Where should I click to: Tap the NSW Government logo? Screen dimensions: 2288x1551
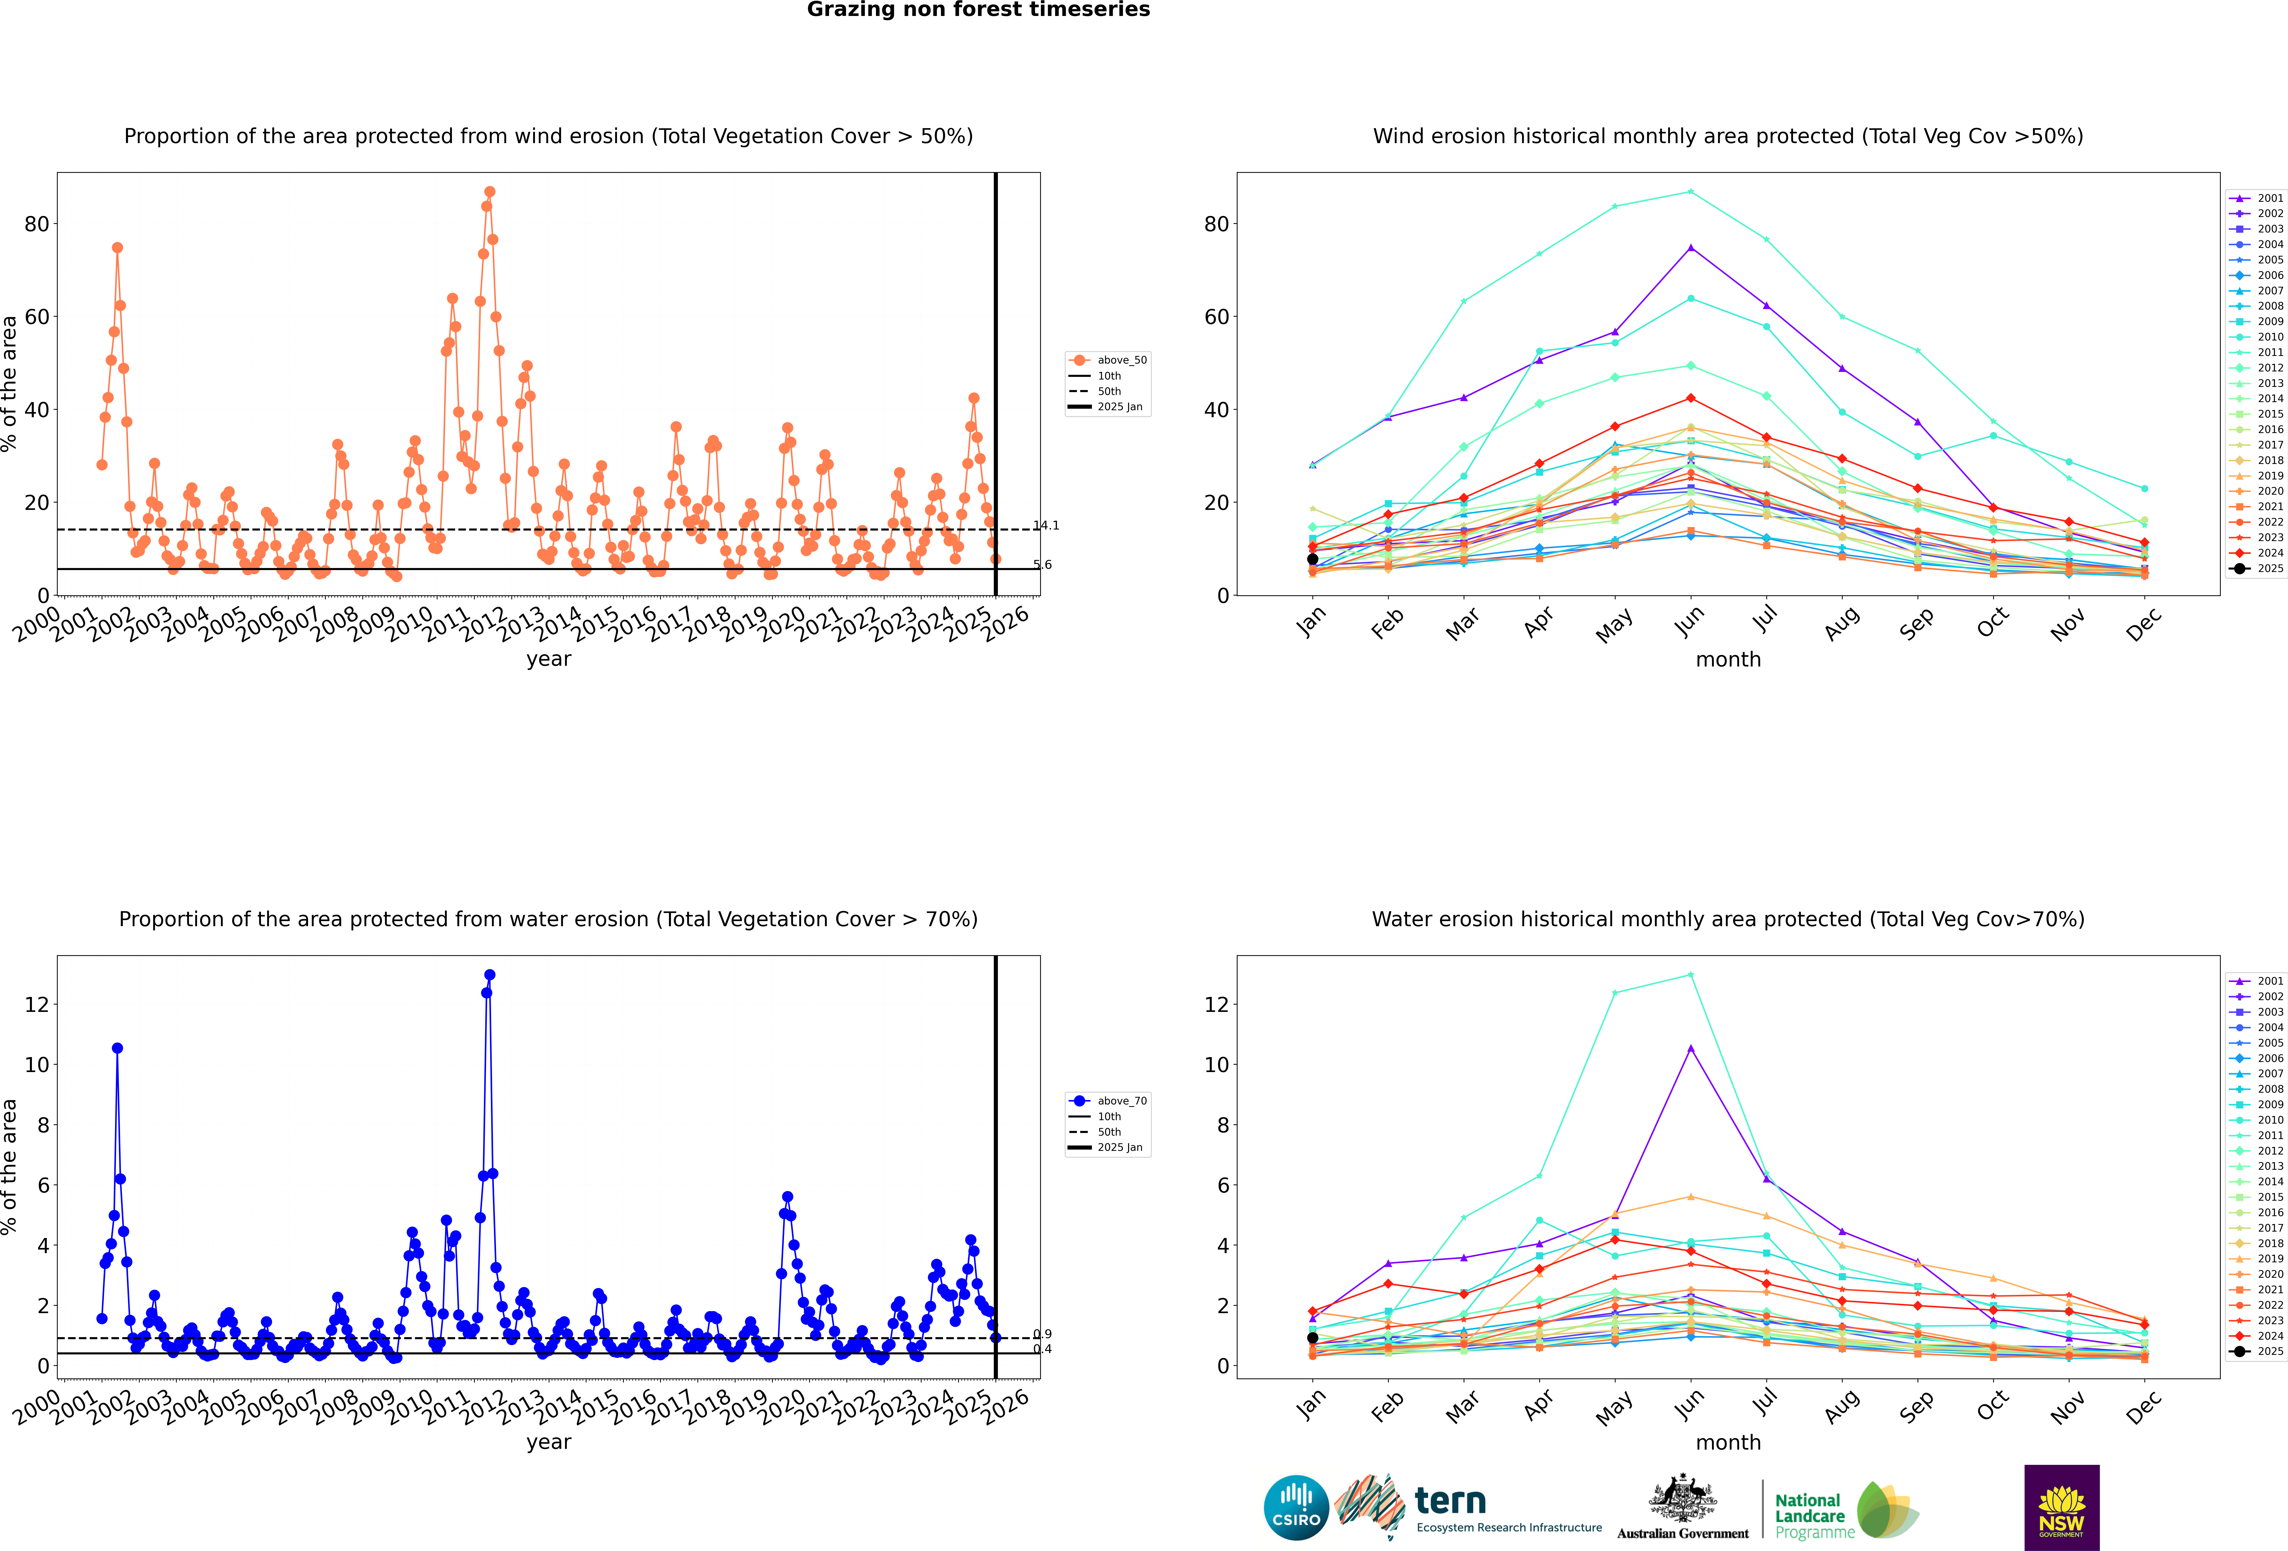coord(2062,1507)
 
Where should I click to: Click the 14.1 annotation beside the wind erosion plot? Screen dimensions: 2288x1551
coord(1046,526)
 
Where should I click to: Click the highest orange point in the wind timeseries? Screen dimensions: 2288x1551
coord(489,192)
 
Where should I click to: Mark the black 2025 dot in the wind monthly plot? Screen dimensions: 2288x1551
coord(1312,559)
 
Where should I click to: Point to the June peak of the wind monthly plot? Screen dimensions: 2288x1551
coord(1690,192)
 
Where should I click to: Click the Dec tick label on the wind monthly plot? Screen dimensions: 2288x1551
coord(2143,624)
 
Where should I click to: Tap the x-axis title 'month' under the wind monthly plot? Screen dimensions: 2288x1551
coord(1728,660)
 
